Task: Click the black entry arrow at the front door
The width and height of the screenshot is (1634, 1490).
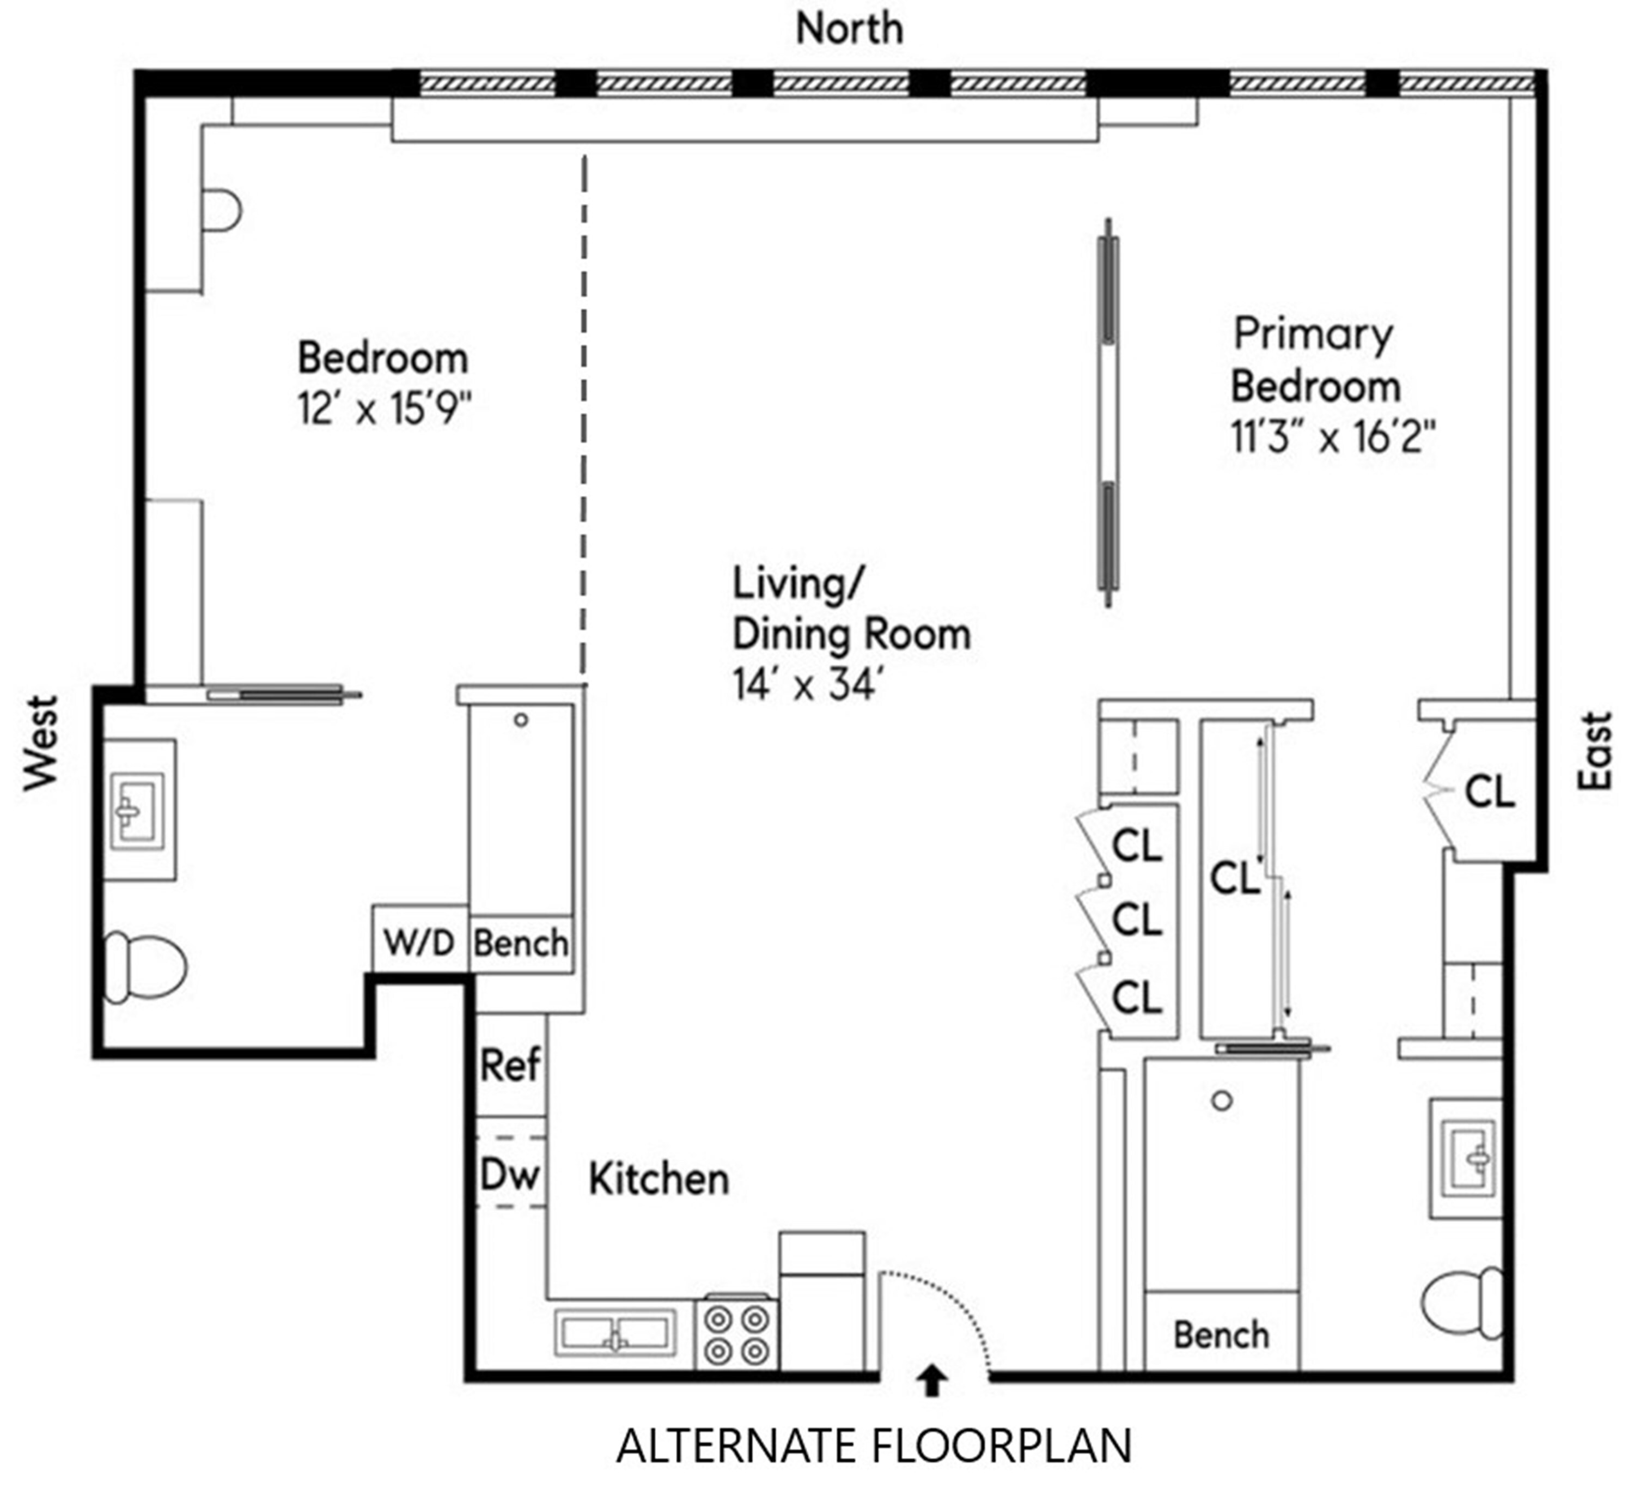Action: click(x=932, y=1380)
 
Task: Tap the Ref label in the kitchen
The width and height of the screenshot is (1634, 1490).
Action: click(x=510, y=1065)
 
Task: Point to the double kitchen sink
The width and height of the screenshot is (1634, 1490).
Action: click(x=616, y=1333)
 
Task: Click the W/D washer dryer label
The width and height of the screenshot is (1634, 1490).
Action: click(x=419, y=941)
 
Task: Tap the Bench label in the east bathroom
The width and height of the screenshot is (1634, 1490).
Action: click(x=1222, y=1335)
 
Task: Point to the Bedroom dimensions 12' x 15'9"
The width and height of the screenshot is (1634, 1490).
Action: click(x=384, y=408)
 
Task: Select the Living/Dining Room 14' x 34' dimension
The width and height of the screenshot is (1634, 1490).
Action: click(x=807, y=685)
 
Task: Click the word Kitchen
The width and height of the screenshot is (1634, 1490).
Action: click(x=658, y=1179)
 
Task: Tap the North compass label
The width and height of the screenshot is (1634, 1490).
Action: click(x=850, y=28)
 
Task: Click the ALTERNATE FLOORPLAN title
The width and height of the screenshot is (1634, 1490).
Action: click(x=874, y=1446)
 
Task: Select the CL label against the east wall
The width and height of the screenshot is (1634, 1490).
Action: click(x=1490, y=791)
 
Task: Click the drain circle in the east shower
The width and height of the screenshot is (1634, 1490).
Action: click(x=1222, y=1101)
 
